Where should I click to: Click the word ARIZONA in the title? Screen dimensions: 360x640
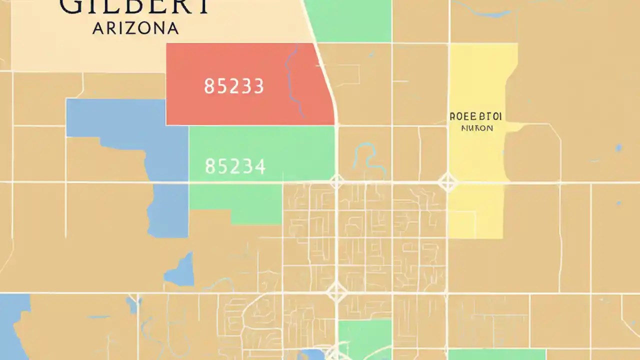pyautogui.click(x=135, y=28)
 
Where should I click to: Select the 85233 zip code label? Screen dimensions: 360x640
pyautogui.click(x=233, y=86)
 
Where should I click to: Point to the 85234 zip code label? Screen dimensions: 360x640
pyautogui.click(x=235, y=166)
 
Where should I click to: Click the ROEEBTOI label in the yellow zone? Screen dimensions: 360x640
pyautogui.click(x=475, y=117)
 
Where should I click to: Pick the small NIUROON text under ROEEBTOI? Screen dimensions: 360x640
pyautogui.click(x=476, y=128)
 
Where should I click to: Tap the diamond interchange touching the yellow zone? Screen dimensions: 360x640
pyautogui.click(x=447, y=182)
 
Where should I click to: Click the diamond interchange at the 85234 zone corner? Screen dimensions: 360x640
pyautogui.click(x=336, y=182)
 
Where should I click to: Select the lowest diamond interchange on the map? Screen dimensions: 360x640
pyautogui.click(x=336, y=291)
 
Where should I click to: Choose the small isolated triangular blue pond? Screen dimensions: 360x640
pyautogui.click(x=181, y=270)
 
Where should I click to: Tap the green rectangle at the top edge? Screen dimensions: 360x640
pyautogui.click(x=348, y=20)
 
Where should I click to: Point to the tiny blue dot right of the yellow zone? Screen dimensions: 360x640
pyautogui.click(x=618, y=147)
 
